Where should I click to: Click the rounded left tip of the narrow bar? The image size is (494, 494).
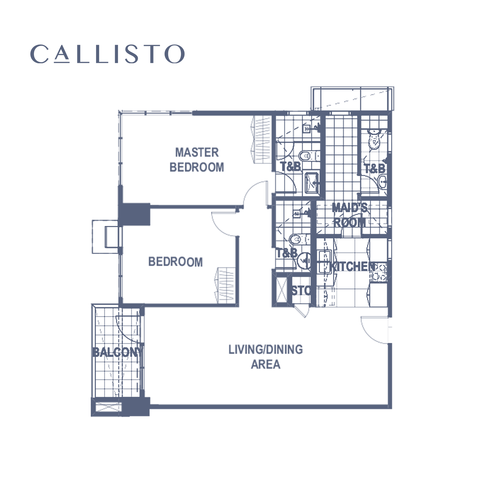pyautogui.click(x=31, y=54)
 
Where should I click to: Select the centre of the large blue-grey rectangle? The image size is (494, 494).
pyautogui.click(x=280, y=258)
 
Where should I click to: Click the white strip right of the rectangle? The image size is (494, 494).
pyautogui.click(x=482, y=247)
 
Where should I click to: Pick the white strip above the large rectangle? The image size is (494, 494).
pyautogui.click(x=280, y=10)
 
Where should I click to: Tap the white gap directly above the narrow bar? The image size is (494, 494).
pyautogui.click(x=59, y=31)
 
